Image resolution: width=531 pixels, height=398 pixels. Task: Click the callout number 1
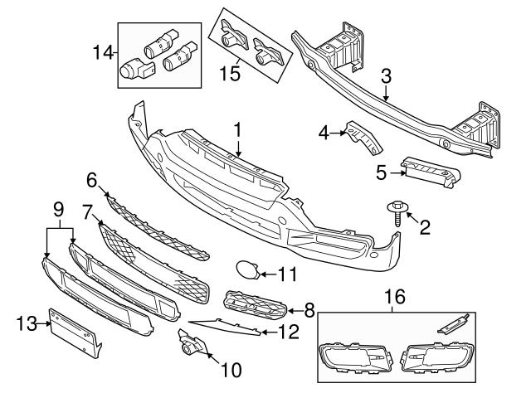pos(237,129)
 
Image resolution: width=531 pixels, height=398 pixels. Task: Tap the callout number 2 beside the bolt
pos(424,226)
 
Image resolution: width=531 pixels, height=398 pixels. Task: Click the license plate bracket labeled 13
pos(75,333)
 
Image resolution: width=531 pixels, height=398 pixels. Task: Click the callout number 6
pos(92,179)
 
